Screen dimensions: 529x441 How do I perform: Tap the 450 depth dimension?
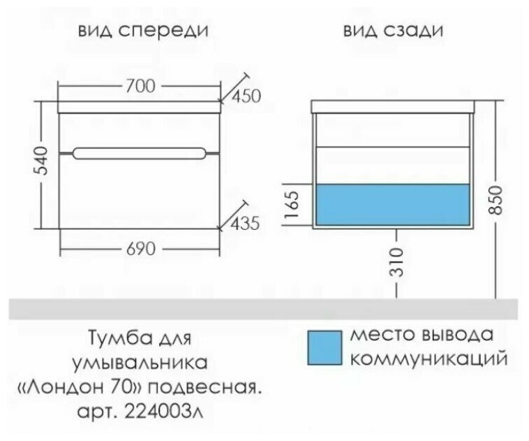[x=244, y=96]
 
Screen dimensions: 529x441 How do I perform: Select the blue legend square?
[x=324, y=347]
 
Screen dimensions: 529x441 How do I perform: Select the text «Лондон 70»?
[x=124, y=386]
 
